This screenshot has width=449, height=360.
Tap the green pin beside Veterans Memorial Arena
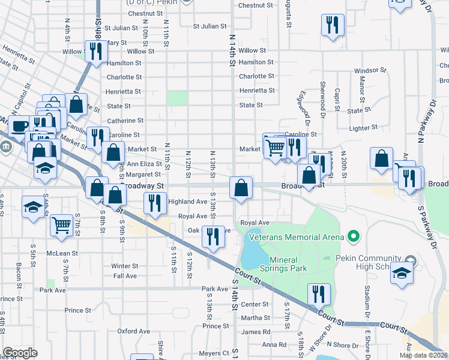353,237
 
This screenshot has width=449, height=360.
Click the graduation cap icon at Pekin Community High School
401,272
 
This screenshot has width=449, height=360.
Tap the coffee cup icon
19,126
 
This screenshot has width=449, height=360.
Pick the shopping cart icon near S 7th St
62,224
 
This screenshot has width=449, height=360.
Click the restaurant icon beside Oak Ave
212,236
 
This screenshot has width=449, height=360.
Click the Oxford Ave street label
133,331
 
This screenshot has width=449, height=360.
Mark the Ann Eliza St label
144,163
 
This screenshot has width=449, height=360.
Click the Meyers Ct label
214,353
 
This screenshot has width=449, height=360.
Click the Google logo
20,353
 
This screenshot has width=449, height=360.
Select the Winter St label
125,266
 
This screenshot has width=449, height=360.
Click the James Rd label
255,332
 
